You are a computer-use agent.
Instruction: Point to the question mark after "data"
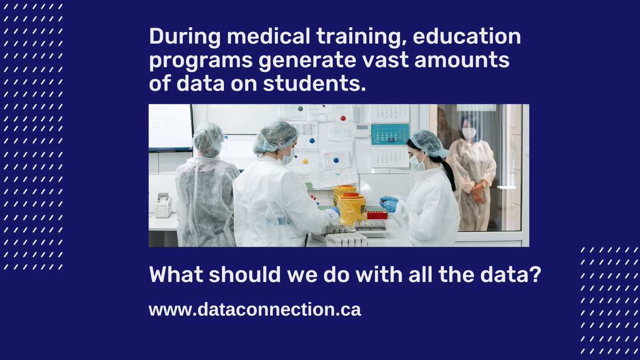(x=535, y=275)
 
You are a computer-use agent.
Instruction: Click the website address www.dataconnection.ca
(x=255, y=309)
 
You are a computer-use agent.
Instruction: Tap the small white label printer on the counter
(x=162, y=205)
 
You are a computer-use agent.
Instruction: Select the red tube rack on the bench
(x=376, y=214)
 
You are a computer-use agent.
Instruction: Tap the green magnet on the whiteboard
(x=301, y=109)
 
